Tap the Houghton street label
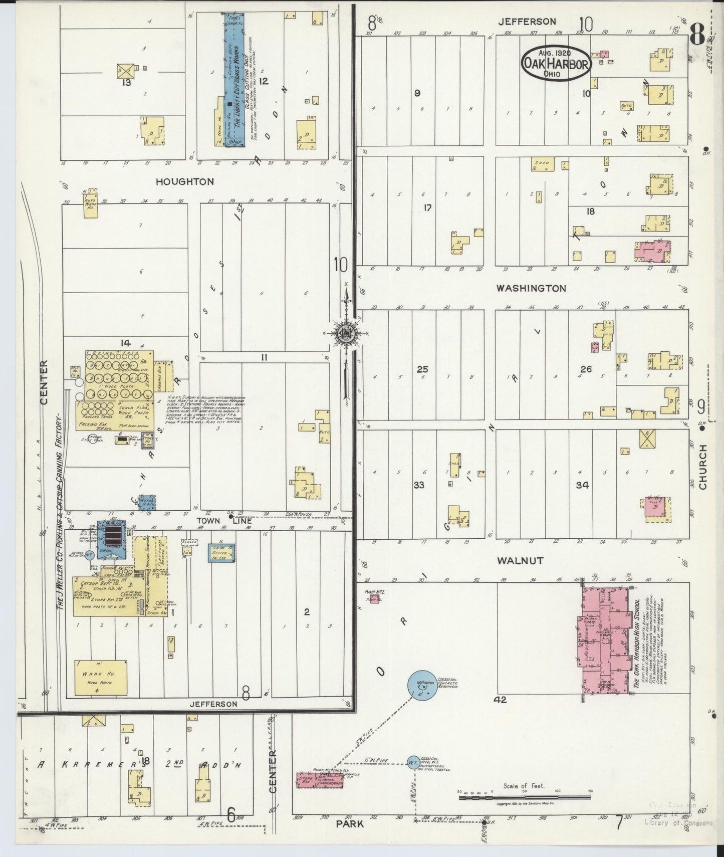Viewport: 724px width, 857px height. (184, 181)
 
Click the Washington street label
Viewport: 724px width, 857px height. (531, 288)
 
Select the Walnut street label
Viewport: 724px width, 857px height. (520, 561)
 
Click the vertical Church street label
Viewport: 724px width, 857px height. (702, 467)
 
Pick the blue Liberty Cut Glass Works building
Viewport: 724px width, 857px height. (233, 80)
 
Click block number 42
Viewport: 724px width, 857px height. (500, 700)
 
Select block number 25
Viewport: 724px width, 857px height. (422, 369)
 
